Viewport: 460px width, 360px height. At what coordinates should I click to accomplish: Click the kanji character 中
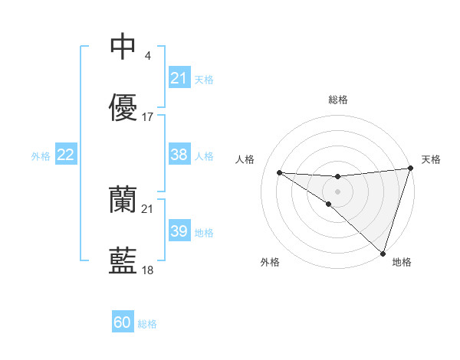(123, 47)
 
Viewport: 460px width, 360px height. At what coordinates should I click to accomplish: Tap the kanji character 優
(123, 108)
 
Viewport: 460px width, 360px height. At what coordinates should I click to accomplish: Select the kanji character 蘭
(123, 200)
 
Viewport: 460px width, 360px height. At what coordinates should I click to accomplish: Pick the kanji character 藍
(123, 261)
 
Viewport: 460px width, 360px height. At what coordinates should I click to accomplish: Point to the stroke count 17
(148, 117)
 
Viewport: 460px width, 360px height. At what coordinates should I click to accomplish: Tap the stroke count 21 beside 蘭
(148, 208)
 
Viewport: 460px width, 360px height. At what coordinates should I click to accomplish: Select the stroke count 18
(148, 270)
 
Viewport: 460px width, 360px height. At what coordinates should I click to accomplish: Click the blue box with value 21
(179, 78)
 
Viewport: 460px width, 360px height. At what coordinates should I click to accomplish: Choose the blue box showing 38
(179, 155)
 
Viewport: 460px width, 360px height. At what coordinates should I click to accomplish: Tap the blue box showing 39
(179, 231)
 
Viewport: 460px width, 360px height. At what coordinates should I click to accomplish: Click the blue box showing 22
(66, 155)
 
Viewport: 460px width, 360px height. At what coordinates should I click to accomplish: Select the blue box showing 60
(123, 322)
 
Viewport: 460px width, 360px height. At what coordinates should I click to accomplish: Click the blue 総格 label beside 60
(147, 324)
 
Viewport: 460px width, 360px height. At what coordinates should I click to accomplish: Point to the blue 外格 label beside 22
(41, 156)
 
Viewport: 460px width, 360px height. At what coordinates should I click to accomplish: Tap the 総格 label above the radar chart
(337, 100)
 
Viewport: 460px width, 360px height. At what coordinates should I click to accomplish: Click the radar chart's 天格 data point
(410, 169)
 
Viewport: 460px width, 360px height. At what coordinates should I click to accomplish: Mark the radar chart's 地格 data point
(383, 254)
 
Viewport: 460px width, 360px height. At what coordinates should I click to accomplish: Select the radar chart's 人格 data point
(279, 172)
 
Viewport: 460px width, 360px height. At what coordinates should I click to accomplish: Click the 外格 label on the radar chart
(270, 262)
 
